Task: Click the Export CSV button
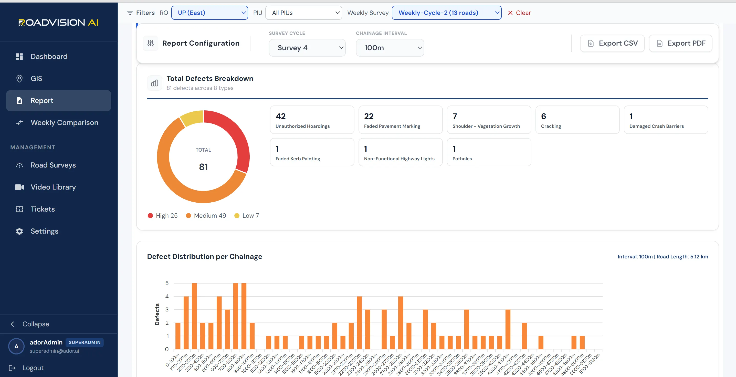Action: pos(612,43)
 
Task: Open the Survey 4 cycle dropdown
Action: pos(307,48)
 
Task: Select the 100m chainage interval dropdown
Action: pos(390,48)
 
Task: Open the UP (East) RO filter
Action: pos(210,13)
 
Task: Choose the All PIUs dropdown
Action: pos(304,13)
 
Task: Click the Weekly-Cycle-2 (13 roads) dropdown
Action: pos(447,13)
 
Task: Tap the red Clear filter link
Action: pos(519,13)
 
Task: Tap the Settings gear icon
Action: pos(19,231)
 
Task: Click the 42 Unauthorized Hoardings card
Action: pos(312,120)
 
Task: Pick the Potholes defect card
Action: pos(489,152)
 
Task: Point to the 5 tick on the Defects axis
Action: pos(167,283)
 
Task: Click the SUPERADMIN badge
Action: pos(85,342)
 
